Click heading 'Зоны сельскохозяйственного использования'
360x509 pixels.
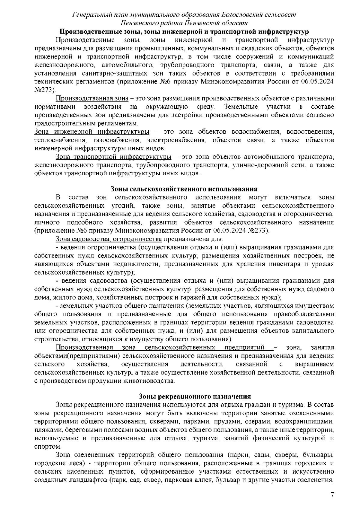[184, 189]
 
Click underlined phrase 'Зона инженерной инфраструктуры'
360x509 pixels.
[92, 132]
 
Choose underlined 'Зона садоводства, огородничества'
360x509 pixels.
[109, 239]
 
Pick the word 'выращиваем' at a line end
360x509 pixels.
[314, 364]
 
